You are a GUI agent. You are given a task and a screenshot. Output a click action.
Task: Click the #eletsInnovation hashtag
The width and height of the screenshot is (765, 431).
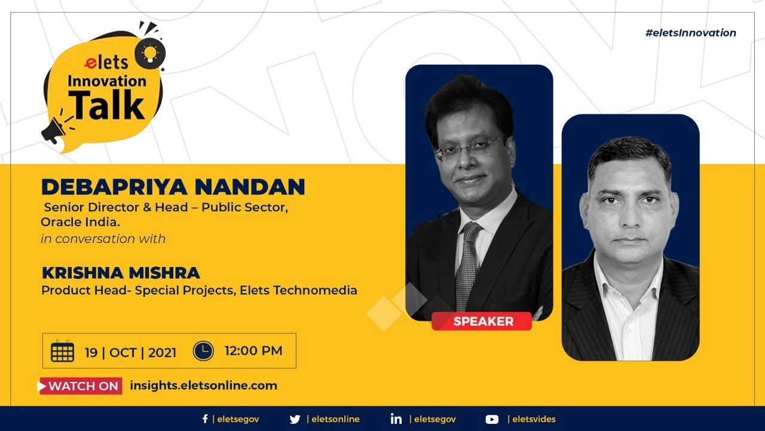[690, 33]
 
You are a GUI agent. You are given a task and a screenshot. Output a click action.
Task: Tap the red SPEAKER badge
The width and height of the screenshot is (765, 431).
[482, 321]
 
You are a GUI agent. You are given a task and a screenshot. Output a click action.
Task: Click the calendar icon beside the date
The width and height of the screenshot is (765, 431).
[63, 351]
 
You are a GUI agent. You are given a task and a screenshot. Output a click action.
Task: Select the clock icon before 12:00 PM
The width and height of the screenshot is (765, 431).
[203, 351]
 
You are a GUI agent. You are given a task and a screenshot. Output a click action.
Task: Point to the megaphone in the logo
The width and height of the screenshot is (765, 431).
[54, 130]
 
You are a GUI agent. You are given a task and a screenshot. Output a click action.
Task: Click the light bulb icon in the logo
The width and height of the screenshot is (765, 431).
[150, 54]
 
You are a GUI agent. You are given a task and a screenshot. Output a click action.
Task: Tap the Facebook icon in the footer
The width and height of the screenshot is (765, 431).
[205, 419]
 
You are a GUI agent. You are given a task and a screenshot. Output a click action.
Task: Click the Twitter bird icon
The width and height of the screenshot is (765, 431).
[295, 420]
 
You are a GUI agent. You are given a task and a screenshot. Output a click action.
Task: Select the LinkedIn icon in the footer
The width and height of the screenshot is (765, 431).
[396, 419]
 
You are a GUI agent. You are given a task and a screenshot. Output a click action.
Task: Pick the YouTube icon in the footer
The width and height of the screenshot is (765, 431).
[492, 420]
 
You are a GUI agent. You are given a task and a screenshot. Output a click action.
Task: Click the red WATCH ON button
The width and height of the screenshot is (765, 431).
[80, 386]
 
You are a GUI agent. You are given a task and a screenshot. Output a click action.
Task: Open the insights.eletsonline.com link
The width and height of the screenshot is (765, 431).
[204, 386]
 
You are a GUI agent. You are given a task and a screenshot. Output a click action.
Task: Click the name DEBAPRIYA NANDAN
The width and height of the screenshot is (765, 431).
[173, 187]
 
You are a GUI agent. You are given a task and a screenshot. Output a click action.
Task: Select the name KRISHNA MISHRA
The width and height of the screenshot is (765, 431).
[121, 273]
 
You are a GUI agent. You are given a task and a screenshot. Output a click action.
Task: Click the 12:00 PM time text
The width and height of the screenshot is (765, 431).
[253, 351]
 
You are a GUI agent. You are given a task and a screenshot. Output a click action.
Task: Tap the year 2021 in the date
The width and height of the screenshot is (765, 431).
[162, 353]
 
